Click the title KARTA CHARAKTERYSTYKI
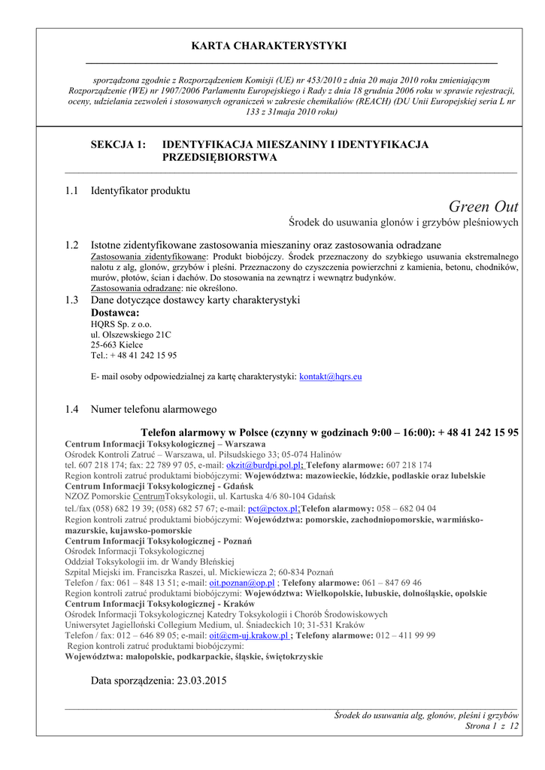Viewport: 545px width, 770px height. pyautogui.click(x=269, y=46)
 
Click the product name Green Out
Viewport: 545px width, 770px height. pyautogui.click(x=483, y=207)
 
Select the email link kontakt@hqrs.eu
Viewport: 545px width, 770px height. pyautogui.click(x=331, y=376)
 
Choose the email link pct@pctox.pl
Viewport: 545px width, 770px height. pyautogui.click(x=273, y=508)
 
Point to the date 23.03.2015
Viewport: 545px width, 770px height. pyautogui.click(x=201, y=681)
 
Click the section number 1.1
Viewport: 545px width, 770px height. pyautogui.click(x=72, y=191)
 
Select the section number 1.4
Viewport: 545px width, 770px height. pyautogui.click(x=72, y=410)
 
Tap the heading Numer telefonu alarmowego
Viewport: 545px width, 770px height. pyautogui.click(x=153, y=410)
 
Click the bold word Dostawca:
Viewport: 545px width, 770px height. pyautogui.click(x=115, y=313)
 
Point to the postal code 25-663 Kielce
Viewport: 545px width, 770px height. pyautogui.click(x=117, y=344)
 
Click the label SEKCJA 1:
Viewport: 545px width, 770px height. pyautogui.click(x=118, y=144)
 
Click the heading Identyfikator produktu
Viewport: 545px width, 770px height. pyautogui.click(x=141, y=191)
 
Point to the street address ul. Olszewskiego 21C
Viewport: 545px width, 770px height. pyautogui.click(x=131, y=335)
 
